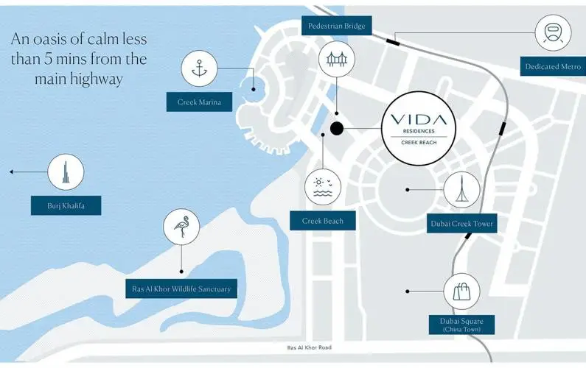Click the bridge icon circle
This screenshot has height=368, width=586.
coord(337,58)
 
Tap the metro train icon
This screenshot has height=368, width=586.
coord(554,32)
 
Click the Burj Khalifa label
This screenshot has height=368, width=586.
coord(65,205)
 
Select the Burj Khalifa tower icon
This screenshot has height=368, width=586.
coord(65,172)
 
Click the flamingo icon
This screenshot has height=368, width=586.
coord(181,227)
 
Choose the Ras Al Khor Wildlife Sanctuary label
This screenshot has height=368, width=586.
coord(182,289)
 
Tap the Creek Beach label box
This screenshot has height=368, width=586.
coord(323,220)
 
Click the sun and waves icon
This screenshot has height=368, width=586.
coord(324,186)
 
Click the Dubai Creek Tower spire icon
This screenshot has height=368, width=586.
coord(461,189)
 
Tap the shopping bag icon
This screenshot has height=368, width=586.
coord(462,291)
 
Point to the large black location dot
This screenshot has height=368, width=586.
coord(337,129)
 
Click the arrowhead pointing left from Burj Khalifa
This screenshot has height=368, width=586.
coord(13,172)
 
